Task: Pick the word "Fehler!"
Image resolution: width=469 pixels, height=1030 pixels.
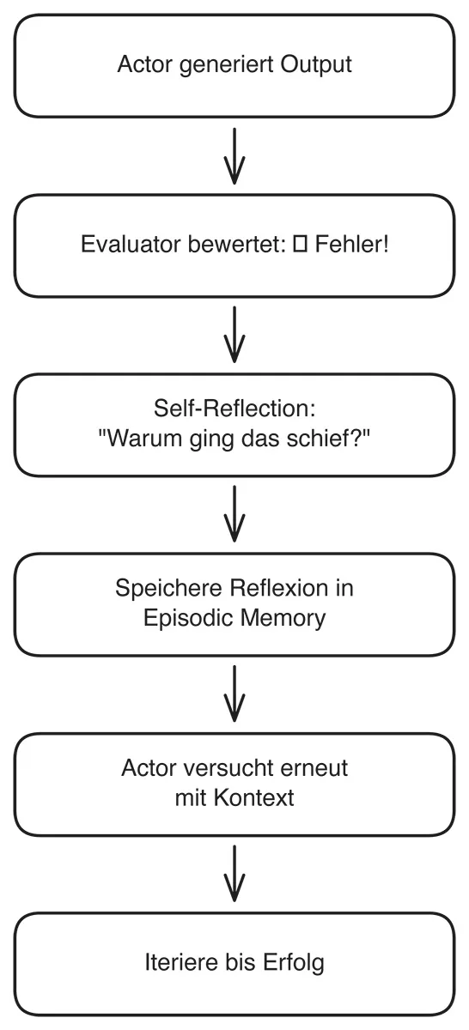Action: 350,245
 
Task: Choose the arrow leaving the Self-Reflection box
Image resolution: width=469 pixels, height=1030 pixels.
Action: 234,514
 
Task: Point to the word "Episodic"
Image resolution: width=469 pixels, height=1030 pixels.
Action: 182,618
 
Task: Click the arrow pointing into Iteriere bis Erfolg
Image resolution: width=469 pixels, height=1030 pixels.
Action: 234,874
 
